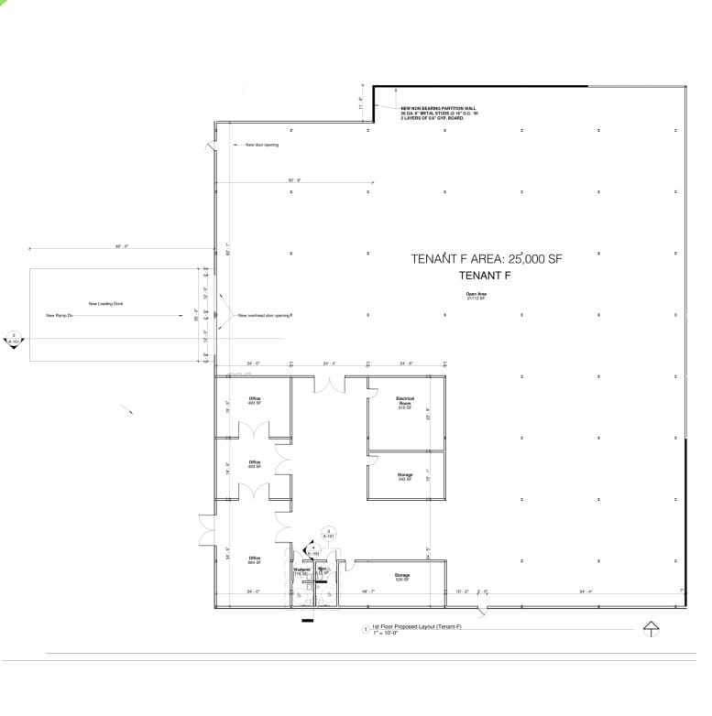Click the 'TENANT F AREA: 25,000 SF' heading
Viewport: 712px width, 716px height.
pyautogui.click(x=486, y=259)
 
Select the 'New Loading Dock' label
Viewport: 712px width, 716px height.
pyautogui.click(x=105, y=303)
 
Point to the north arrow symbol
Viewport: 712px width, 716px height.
pyautogui.click(x=652, y=628)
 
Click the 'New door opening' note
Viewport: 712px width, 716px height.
pyautogui.click(x=261, y=145)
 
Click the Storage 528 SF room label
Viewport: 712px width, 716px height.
pyautogui.click(x=402, y=577)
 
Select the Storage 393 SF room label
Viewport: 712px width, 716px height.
pyautogui.click(x=405, y=476)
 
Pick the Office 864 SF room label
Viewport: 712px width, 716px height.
pyautogui.click(x=255, y=559)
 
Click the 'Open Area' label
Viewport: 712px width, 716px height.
pyautogui.click(x=476, y=295)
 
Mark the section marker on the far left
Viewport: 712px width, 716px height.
pyautogui.click(x=15, y=338)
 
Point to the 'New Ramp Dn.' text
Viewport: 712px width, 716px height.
pyautogui.click(x=59, y=316)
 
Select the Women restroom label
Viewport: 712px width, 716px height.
pyautogui.click(x=302, y=570)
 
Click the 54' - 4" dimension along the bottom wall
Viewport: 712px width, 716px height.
pyautogui.click(x=586, y=591)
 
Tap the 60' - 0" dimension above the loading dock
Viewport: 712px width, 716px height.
pyautogui.click(x=121, y=246)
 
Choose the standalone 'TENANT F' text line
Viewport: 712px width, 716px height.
pyautogui.click(x=485, y=275)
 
